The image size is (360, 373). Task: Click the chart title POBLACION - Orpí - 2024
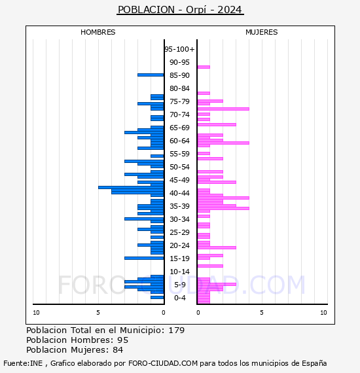pos(180,10)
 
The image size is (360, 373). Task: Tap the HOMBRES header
pos(98,32)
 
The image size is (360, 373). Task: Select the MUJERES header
pos(262,32)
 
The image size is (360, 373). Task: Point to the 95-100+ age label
pos(179,49)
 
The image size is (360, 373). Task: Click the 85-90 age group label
pos(179,75)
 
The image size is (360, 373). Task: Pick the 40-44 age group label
pos(179,193)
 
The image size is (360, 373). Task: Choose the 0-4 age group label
pos(179,298)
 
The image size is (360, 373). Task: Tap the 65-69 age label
pos(179,128)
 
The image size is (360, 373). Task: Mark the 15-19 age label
pos(179,258)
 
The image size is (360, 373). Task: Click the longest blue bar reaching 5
pos(131,187)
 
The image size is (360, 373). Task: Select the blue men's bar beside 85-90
pos(151,75)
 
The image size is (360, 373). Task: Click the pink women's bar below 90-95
pos(204,67)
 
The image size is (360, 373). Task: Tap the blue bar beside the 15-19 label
pos(144,258)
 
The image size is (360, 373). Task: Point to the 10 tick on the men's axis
pos(36,313)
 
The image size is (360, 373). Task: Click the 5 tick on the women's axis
pos(262,313)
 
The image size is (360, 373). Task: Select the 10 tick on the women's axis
pos(323,313)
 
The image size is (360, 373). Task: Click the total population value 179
pos(176,330)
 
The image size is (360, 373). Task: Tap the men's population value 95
pos(123,340)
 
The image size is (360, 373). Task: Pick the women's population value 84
pos(118,350)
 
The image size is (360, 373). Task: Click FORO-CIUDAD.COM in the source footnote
pos(163,363)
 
